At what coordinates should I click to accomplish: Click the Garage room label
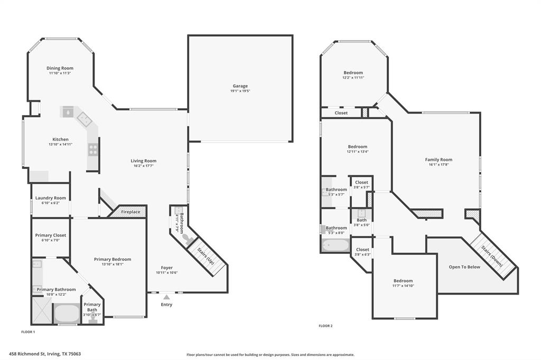240,86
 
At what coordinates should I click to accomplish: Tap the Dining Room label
60,68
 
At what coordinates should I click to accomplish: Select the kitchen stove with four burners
93,149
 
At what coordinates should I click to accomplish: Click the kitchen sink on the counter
68,112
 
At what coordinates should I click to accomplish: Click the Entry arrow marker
166,298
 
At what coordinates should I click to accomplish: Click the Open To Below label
464,267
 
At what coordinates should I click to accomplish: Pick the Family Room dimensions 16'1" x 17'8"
439,165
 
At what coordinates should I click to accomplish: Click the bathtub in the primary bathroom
66,313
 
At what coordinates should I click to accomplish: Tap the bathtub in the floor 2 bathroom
335,245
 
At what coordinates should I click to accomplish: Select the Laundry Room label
51,198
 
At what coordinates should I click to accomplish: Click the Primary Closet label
51,235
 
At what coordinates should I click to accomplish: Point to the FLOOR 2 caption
325,326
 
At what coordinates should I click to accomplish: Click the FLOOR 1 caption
28,332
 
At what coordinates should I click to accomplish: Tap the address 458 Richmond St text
44,354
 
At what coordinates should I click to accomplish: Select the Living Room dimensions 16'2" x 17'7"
144,166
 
